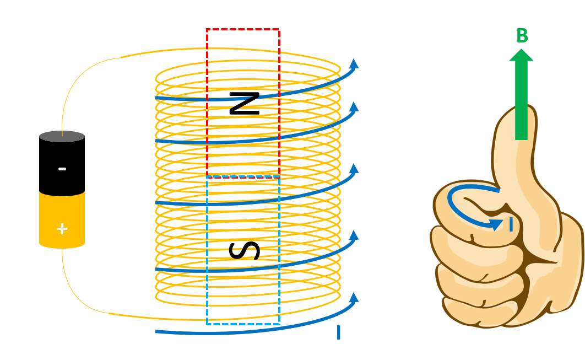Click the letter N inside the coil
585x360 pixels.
pos(244,104)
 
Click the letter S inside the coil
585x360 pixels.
pos(244,250)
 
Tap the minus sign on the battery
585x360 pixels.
pos(62,168)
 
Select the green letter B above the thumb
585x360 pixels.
pos(522,36)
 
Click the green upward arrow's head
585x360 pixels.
pos(521,55)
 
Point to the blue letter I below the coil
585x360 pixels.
pos(338,333)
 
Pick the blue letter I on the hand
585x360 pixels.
pos(511,225)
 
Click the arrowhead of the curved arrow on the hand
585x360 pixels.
pos(496,224)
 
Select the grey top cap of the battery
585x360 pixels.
pos(62,136)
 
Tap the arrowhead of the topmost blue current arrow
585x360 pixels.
pos(354,63)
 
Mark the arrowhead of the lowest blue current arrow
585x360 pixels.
pos(354,297)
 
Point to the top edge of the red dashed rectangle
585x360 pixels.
pos(242,30)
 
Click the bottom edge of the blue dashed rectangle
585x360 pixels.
pos(242,324)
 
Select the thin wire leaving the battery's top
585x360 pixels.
pos(72,88)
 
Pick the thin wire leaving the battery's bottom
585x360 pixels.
pos(72,287)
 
